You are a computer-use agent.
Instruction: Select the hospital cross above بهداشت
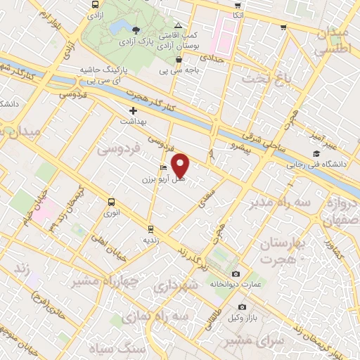[x=133, y=111]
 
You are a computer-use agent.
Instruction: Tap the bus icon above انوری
[x=111, y=201]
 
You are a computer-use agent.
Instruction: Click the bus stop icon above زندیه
[x=149, y=229]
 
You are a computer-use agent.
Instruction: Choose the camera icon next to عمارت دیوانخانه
[x=235, y=274]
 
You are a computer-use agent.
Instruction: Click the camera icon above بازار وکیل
[x=243, y=307]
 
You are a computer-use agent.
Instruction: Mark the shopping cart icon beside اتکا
[x=283, y=27]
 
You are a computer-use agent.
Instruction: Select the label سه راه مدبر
[x=278, y=202]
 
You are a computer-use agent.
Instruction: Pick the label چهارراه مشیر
[x=98, y=281]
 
